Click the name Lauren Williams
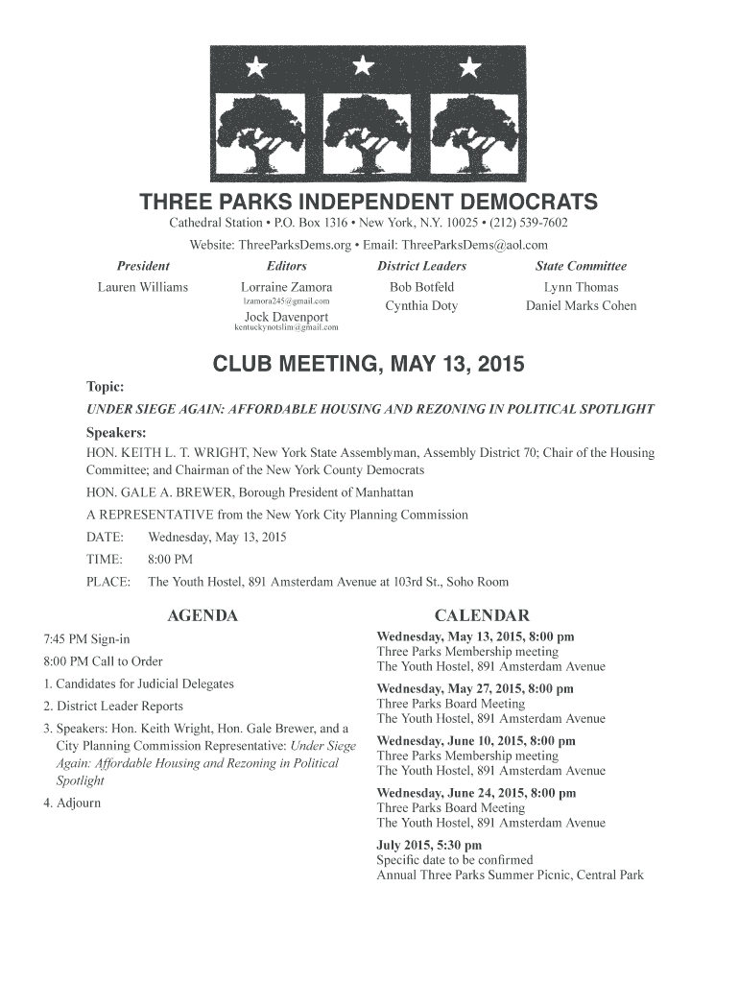tap(143, 287)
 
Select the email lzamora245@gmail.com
tap(286, 301)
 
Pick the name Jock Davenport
tap(286, 317)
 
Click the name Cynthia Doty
tap(421, 306)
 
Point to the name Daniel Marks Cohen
tap(581, 306)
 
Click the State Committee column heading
tap(581, 266)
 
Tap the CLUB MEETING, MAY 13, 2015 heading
tap(368, 365)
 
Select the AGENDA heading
tap(202, 615)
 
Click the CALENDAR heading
tap(482, 615)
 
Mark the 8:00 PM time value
tap(170, 560)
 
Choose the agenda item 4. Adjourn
tap(72, 803)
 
